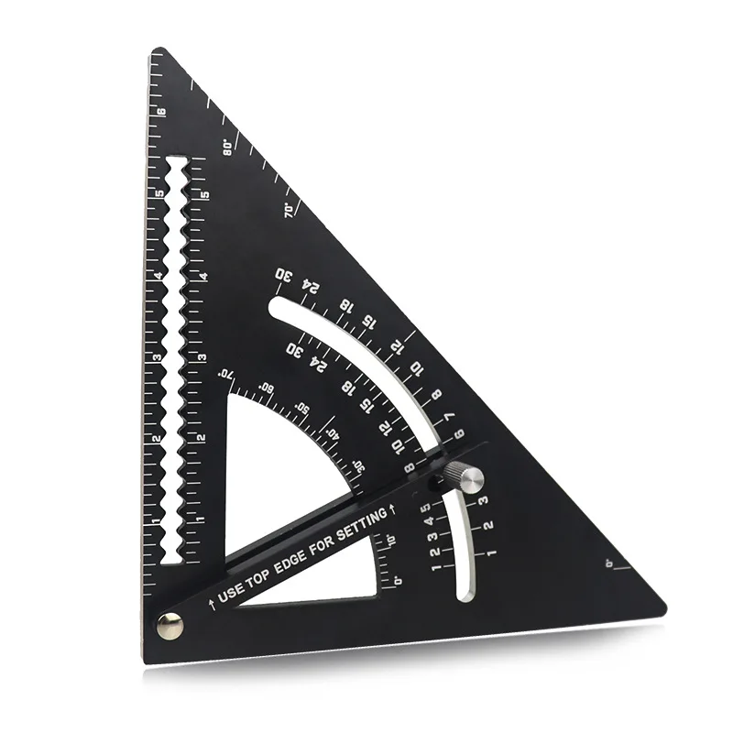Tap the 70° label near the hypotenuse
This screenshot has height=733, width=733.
289,210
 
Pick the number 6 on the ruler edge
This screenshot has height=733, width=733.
161,114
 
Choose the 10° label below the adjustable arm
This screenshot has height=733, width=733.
390,540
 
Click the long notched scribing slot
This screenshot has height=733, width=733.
175,357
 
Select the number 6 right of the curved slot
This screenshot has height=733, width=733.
460,433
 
